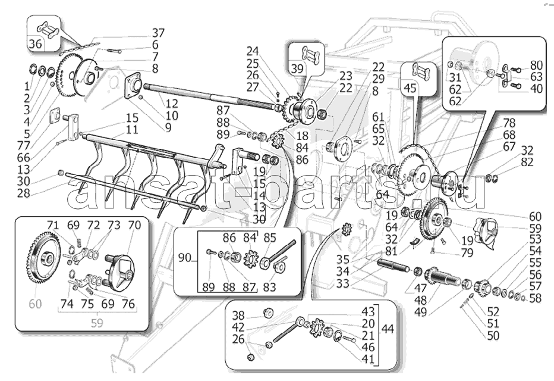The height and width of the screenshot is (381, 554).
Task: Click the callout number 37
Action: pos(158,33)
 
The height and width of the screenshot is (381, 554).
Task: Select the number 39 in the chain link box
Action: pos(297,68)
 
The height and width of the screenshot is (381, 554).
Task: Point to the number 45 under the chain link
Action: pos(410,88)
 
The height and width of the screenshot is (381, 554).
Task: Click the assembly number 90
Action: pos(185,258)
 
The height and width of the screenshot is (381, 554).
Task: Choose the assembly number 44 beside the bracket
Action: pos(388,329)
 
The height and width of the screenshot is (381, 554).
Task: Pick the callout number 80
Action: pos(536,65)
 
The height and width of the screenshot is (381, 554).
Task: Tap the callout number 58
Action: pos(536,298)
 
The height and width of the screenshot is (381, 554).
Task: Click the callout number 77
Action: pos(24,145)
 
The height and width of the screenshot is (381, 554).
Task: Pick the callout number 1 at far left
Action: pos(27,86)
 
